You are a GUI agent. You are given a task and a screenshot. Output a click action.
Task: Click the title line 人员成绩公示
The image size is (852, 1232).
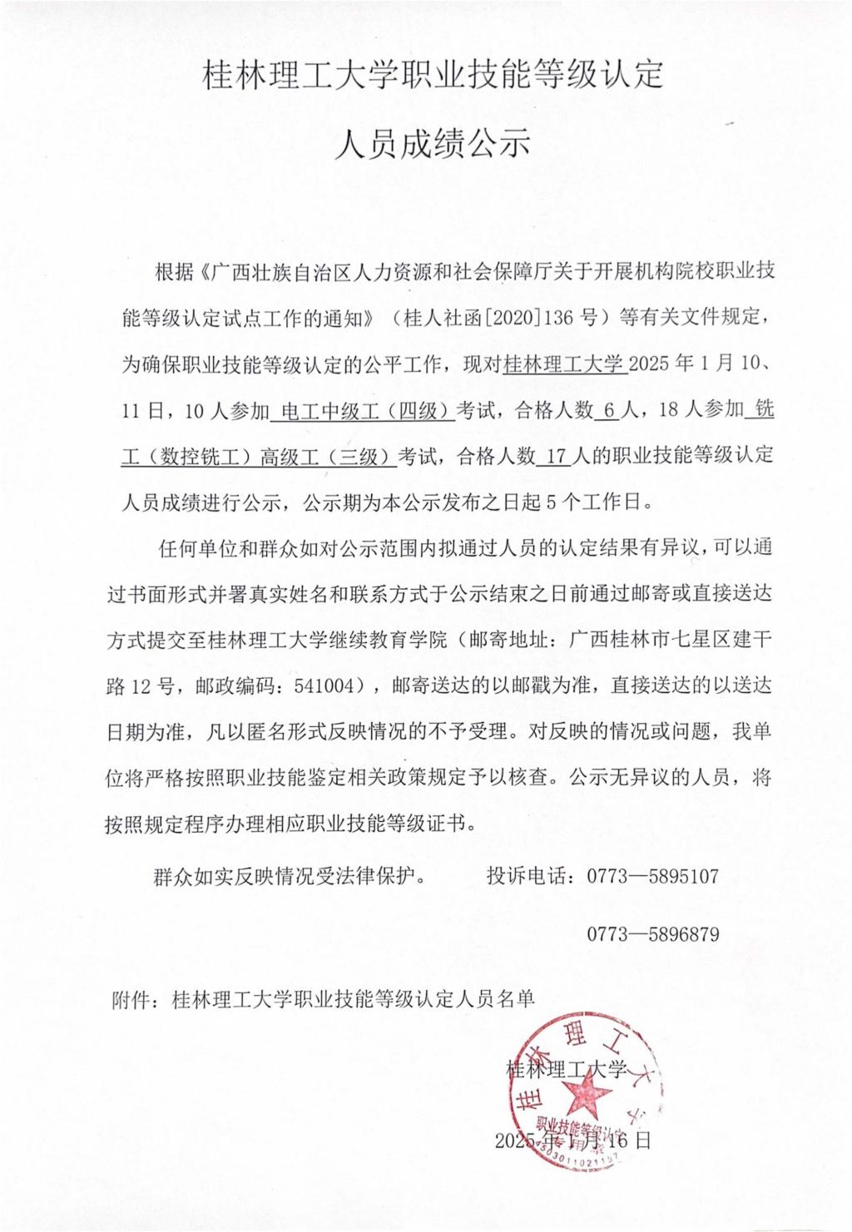432,144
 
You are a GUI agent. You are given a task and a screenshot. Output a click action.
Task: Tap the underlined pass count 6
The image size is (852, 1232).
607,410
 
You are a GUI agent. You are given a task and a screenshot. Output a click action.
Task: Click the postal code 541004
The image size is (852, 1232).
322,685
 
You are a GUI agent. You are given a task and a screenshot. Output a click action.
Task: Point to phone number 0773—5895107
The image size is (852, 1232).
652,875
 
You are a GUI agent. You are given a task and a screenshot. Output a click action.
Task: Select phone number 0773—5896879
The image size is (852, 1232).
652,933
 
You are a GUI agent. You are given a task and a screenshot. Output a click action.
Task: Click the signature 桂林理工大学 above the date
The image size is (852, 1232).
567,1068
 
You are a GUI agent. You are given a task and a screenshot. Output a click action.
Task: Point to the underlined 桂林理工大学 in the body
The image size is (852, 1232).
564,364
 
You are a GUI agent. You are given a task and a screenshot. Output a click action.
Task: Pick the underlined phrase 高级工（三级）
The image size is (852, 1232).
325,456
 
